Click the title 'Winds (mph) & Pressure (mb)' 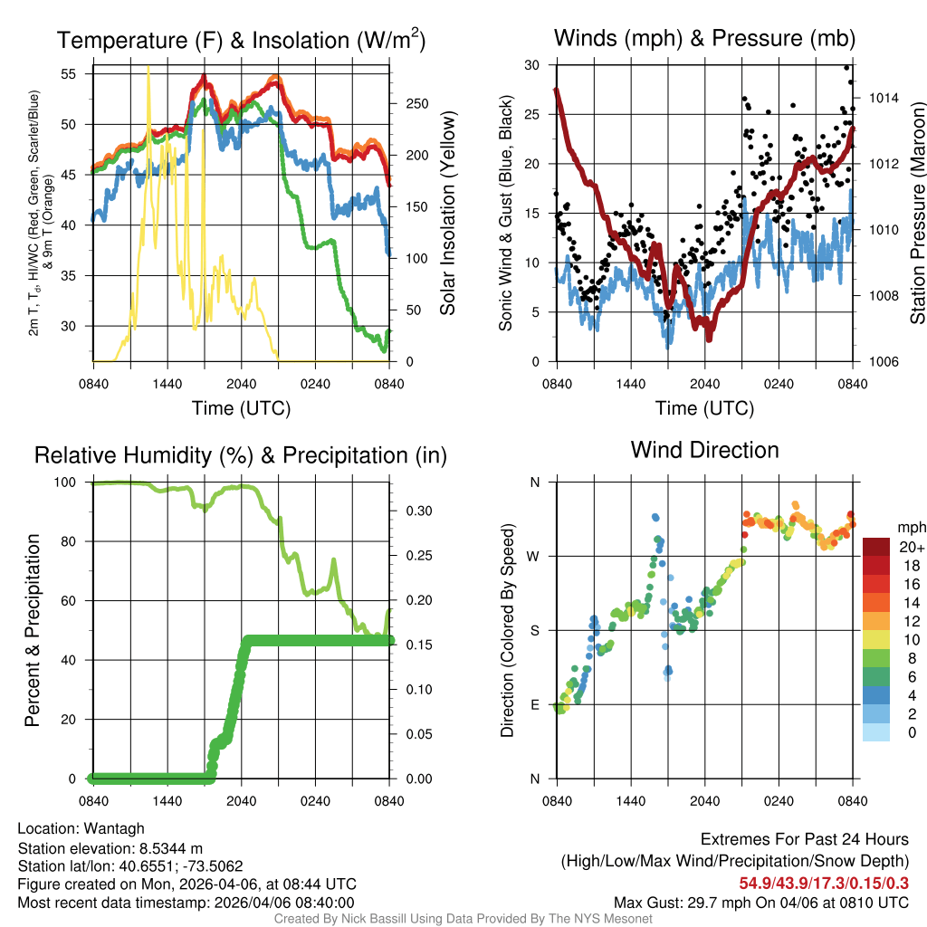704,38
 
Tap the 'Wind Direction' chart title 704,450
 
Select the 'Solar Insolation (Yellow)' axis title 448,214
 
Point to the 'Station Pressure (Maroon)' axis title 917,214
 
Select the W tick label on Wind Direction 534,556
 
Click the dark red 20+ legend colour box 876,547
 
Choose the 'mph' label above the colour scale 910,527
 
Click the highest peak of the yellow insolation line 148,69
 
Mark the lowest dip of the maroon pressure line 709,338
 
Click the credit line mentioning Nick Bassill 463,919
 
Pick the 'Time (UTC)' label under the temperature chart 241,408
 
